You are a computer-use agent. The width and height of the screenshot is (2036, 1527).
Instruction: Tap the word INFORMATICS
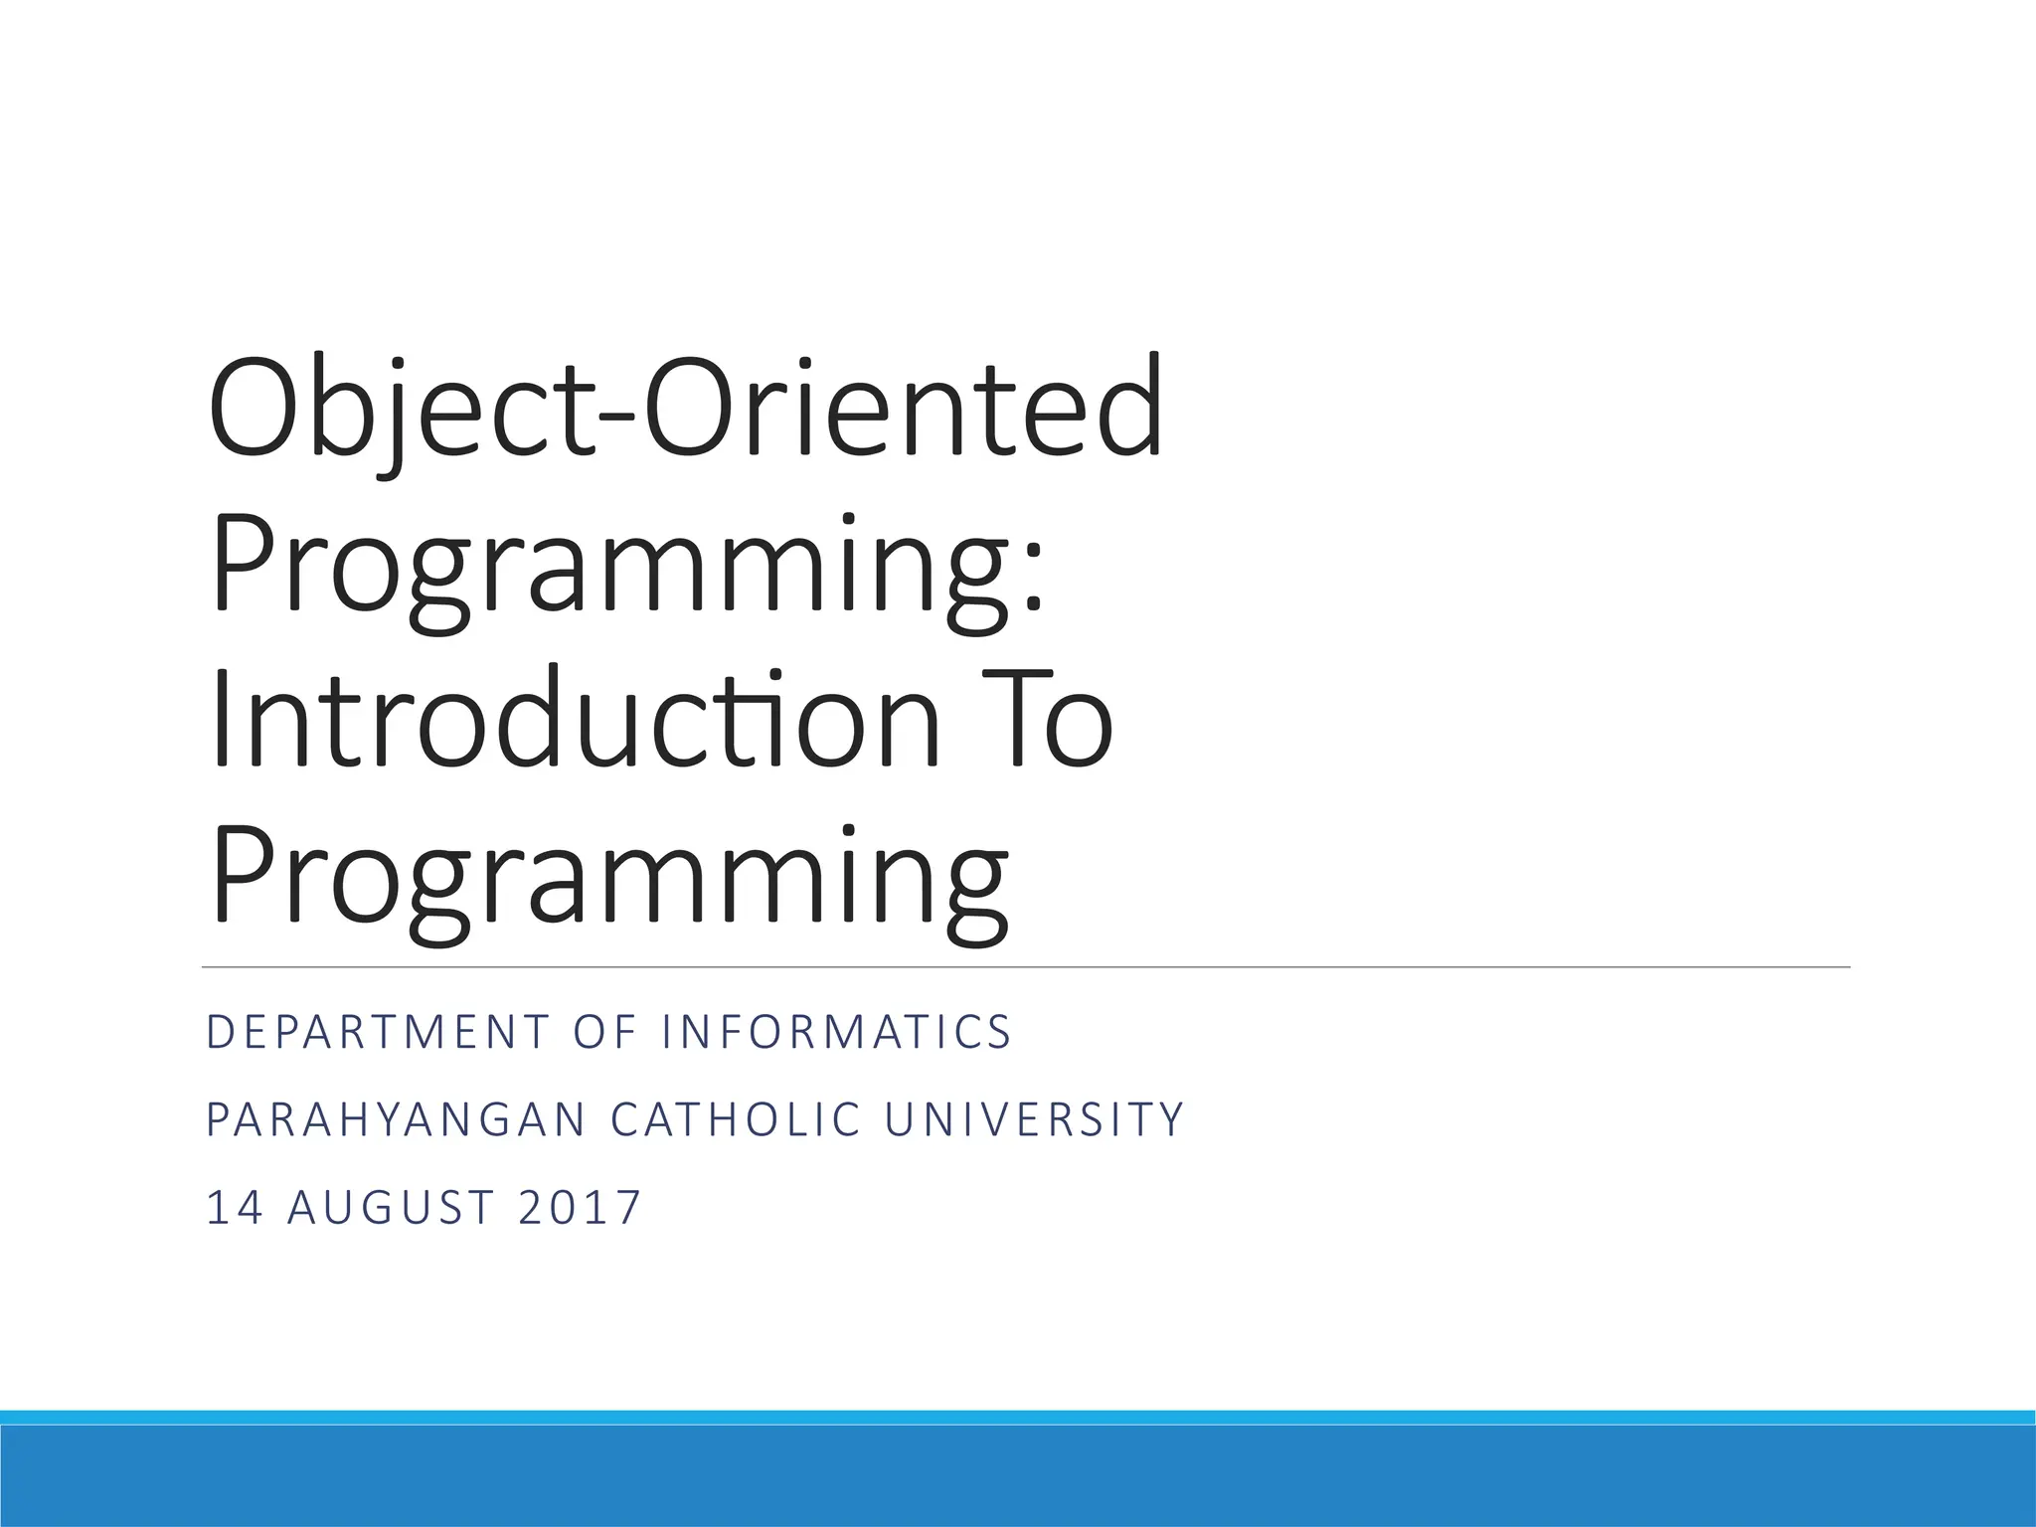[x=836, y=1032]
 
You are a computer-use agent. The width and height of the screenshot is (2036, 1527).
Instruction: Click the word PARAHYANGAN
[x=397, y=1119]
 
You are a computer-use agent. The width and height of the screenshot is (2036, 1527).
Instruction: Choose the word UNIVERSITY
[x=1034, y=1119]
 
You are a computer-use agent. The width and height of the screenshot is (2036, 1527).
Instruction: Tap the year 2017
[x=580, y=1208]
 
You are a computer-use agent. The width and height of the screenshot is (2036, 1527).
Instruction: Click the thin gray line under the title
[x=1024, y=966]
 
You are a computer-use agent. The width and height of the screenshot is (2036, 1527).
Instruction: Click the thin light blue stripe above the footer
[x=1018, y=1417]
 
